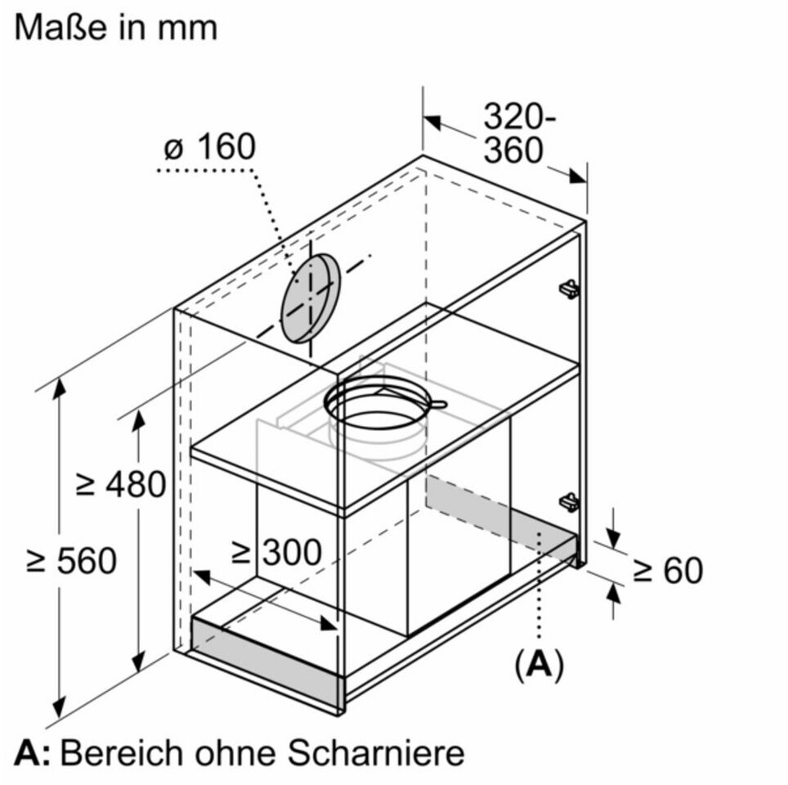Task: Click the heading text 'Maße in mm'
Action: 116,28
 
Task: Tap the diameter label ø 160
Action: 210,147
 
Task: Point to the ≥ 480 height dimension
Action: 121,484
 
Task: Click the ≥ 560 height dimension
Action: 71,561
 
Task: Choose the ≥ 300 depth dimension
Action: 276,552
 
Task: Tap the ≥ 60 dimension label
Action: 668,570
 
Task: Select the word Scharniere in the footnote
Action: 376,753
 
